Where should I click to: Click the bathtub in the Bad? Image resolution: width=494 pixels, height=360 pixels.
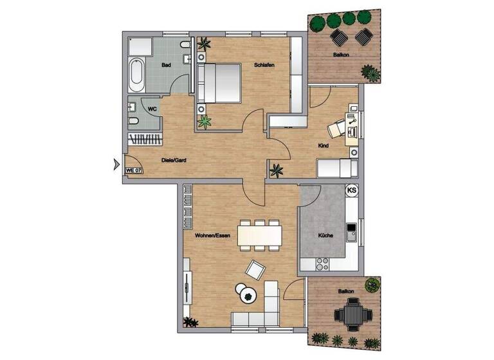[x=137, y=75]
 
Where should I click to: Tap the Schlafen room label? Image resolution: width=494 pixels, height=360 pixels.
[x=264, y=66]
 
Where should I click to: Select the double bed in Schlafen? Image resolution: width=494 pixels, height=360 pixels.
[x=218, y=82]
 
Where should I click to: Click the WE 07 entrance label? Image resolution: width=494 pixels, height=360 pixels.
[x=134, y=170]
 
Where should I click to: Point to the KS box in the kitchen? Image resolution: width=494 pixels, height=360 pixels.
[x=352, y=190]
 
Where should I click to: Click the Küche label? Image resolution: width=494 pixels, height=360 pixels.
[x=325, y=236]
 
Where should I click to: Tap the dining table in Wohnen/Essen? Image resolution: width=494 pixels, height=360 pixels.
[x=260, y=235]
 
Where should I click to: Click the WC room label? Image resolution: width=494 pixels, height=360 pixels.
[x=153, y=109]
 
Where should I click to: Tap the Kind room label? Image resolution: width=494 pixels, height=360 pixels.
[x=324, y=146]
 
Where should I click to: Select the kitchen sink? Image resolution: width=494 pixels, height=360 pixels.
[x=351, y=231]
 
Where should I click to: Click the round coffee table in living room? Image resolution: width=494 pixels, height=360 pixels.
[x=248, y=295]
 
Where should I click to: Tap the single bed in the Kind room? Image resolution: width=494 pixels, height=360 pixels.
[x=336, y=168]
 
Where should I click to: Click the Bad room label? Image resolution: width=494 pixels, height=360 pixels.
[x=165, y=66]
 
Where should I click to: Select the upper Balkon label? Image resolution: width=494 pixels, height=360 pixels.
[x=342, y=55]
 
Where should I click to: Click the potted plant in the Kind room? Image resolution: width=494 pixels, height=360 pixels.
[x=277, y=170]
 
